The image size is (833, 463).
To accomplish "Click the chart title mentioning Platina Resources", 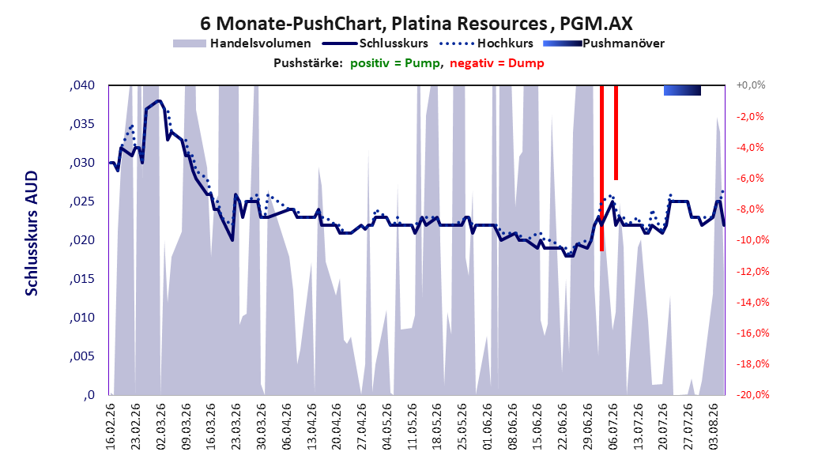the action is (x=416, y=24).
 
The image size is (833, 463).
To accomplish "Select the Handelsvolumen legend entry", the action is (x=243, y=43).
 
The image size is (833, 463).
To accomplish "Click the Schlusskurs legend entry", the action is (x=375, y=43).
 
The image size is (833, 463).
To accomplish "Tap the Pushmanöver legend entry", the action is (x=604, y=43).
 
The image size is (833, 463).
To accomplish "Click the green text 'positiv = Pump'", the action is (x=395, y=63).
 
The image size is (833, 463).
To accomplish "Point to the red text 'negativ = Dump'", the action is (x=497, y=63).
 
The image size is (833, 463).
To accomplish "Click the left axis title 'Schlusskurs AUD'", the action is (x=32, y=233).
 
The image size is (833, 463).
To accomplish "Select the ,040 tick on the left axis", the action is (x=82, y=85).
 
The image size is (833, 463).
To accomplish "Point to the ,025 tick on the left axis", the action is (x=82, y=201).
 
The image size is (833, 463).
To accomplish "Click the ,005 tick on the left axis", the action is (x=82, y=356).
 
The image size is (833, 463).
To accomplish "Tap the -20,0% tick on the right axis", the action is (x=752, y=394).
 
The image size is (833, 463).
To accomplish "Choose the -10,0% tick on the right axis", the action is (x=752, y=240).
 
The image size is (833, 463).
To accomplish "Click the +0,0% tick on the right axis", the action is (x=751, y=85).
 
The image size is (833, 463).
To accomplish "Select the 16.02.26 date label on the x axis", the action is (x=110, y=427).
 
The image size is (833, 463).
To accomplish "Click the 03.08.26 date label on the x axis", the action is (x=714, y=427).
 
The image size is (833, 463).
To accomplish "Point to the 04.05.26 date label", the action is (x=386, y=427).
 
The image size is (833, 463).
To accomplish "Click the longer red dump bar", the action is (x=602, y=168).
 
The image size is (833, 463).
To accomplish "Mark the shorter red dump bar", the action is (x=616, y=133).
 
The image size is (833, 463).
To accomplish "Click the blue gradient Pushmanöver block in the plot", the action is (x=682, y=90).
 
